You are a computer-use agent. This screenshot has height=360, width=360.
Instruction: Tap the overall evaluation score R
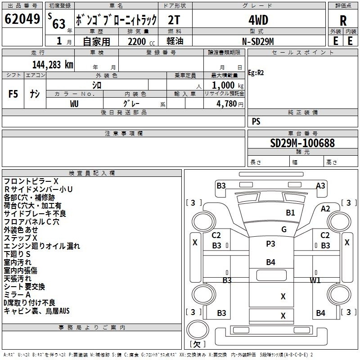coord(343,20)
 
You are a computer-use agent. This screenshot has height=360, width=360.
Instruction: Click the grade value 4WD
coord(258,20)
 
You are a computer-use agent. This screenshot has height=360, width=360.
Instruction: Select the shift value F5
coord(13,94)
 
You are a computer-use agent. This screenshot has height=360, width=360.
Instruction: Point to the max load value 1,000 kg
coord(225,85)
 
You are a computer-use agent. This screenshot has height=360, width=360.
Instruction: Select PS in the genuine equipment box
coord(256,121)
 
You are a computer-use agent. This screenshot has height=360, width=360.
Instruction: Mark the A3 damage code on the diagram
coord(320,185)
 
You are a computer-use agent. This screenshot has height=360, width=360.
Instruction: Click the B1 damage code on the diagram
coord(290,212)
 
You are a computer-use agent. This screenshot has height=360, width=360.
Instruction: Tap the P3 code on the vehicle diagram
coord(270,243)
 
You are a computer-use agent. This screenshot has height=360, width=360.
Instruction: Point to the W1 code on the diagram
coord(315,280)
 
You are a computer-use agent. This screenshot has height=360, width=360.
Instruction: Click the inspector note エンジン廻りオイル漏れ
coord(42,246)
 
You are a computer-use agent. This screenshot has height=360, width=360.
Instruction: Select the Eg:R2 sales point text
coord(256,72)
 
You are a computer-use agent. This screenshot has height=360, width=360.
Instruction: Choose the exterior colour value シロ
coord(96,85)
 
